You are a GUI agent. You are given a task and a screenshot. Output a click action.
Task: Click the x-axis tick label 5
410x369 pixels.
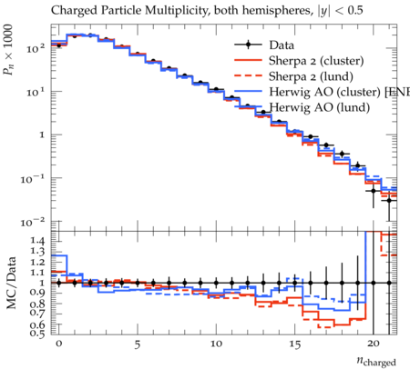point(138,344)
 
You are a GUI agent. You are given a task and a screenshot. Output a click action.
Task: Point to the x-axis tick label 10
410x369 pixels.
point(216,344)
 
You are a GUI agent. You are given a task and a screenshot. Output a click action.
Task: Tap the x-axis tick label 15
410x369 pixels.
point(294,344)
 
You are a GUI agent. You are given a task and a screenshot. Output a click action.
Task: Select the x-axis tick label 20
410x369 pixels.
point(374,344)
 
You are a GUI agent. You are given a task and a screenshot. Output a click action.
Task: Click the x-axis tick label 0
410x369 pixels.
point(59,344)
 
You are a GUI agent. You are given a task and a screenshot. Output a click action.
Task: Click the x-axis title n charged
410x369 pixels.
point(376,362)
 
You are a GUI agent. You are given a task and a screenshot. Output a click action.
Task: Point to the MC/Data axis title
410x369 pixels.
point(11,283)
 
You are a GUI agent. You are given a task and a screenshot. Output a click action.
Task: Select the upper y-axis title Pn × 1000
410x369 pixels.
point(8,50)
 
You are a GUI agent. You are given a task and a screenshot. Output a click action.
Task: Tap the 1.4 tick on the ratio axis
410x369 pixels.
point(37,241)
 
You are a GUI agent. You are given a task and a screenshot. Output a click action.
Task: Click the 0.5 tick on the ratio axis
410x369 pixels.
point(37,334)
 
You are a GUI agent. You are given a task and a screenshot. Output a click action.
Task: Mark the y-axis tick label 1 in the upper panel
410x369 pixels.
point(42,135)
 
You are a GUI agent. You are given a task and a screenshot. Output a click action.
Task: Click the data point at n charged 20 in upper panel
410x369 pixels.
point(374,191)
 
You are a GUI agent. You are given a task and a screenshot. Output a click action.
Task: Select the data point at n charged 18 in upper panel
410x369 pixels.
point(342,154)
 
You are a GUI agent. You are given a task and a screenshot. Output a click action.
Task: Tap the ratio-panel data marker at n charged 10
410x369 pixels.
point(216,284)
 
